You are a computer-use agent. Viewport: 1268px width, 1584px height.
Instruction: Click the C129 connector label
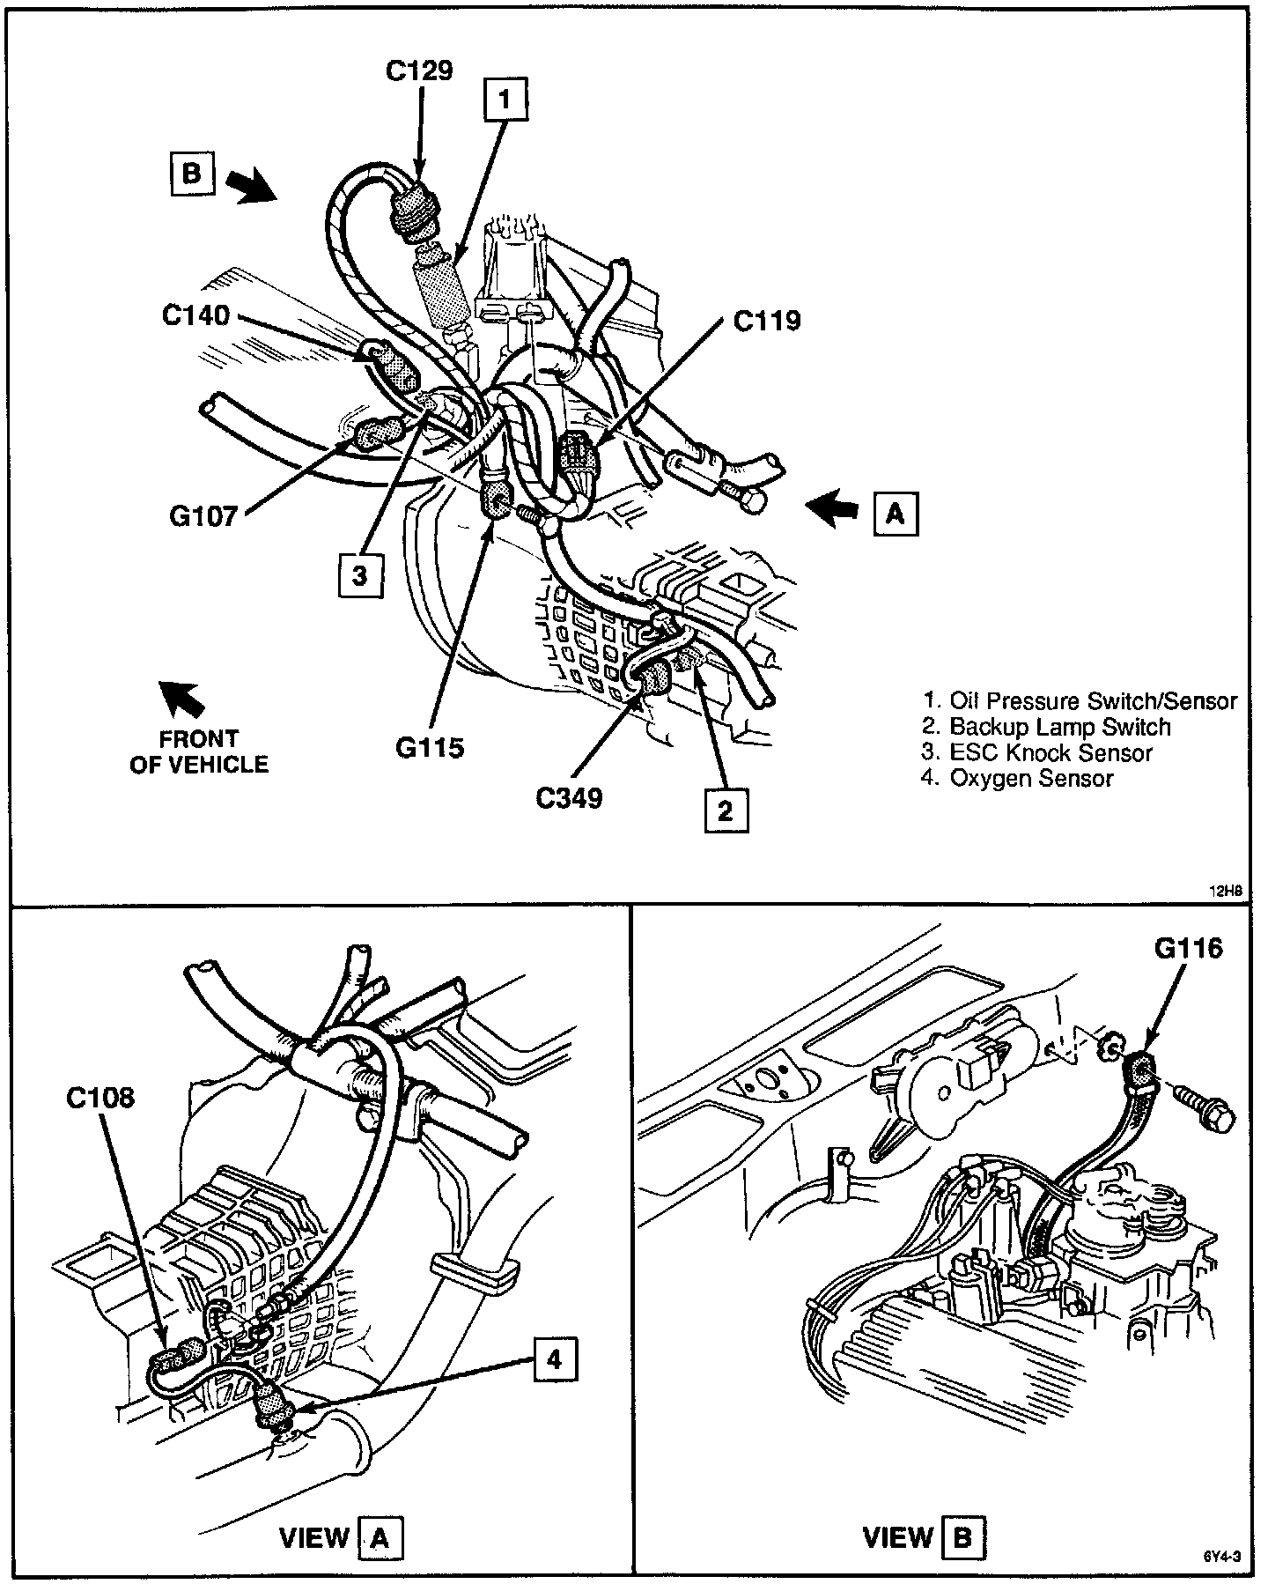coord(419,70)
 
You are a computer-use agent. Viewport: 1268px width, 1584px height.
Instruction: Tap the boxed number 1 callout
coord(505,100)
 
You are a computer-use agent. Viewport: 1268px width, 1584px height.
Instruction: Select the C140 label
coord(195,315)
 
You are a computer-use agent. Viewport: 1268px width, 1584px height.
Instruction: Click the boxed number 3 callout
coord(359,576)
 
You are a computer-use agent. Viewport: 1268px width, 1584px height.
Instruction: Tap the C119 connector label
coord(767,321)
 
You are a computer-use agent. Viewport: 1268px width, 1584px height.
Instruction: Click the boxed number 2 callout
coord(726,811)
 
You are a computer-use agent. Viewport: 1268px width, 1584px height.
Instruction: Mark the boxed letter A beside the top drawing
coord(896,513)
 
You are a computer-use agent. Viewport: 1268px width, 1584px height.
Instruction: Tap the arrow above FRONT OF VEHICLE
coord(181,699)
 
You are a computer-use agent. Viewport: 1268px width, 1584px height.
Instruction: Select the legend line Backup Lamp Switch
coord(1047,727)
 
